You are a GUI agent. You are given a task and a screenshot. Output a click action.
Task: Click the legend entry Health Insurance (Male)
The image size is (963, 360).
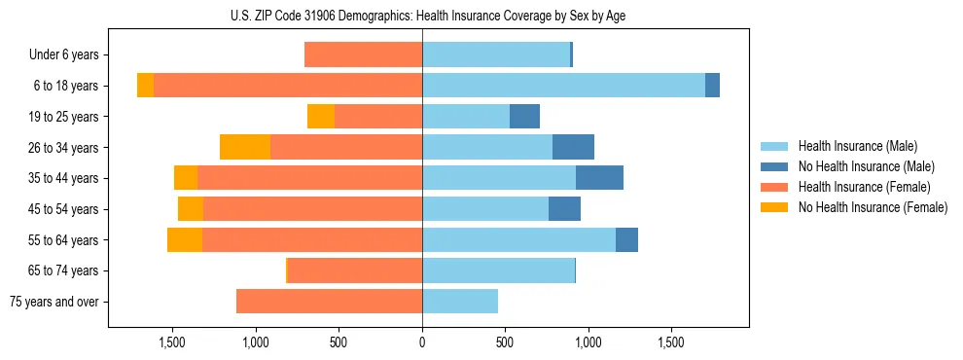tap(857, 146)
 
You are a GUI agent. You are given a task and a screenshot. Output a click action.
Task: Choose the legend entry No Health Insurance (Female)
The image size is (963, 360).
tap(873, 207)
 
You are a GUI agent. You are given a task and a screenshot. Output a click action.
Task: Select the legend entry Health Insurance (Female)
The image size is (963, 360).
tap(864, 187)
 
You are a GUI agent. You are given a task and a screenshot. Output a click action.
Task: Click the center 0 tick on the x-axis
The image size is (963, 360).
tap(422, 343)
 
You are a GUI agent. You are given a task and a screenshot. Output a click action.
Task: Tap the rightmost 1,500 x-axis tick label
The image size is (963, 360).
tap(671, 343)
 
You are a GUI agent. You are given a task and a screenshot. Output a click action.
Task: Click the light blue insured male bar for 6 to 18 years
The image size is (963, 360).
tap(563, 86)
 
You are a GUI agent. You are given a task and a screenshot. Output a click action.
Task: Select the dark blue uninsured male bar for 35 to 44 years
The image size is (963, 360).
tap(599, 178)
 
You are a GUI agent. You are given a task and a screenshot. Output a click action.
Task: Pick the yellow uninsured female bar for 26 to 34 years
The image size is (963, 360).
tap(245, 147)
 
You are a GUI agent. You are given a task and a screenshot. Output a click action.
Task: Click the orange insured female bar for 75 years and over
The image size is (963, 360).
tap(329, 302)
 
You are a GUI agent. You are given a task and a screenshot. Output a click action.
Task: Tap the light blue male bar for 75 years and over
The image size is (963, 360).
tap(460, 302)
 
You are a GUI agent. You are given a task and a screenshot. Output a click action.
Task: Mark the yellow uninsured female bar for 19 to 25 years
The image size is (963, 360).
tap(321, 117)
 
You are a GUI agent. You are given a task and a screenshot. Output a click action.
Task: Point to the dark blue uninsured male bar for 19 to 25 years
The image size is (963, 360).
tap(524, 117)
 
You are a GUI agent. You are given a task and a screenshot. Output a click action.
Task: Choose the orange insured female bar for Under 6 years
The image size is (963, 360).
tap(363, 55)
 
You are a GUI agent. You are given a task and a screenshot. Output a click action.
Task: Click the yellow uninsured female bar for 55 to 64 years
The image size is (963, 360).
tap(185, 239)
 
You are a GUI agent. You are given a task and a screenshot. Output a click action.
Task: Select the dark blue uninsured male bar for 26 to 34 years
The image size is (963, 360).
tap(573, 147)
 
